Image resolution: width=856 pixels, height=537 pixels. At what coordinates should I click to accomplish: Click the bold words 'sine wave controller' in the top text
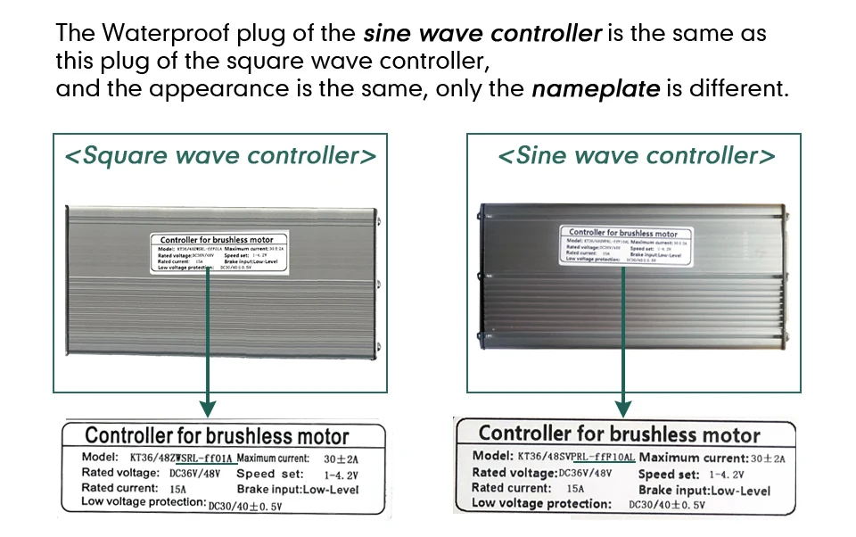coord(482,35)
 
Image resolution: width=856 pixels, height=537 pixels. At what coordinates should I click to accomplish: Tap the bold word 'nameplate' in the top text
coord(596,89)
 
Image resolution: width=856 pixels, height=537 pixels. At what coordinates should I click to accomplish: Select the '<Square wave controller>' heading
coord(220,156)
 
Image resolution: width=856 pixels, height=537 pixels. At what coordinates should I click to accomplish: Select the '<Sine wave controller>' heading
coord(636,156)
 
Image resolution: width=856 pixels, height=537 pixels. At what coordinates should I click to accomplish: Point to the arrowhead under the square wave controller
coord(208,409)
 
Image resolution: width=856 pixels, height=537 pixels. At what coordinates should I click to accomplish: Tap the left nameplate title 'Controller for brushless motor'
coord(217,436)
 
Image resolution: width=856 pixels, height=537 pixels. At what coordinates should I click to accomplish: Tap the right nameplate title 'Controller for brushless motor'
coord(619,434)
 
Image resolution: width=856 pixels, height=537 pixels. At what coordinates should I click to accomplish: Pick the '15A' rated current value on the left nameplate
coord(177,489)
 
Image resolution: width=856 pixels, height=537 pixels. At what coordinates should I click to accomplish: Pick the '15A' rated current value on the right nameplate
coord(575,489)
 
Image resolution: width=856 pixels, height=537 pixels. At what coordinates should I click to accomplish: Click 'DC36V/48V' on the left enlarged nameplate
coord(194,473)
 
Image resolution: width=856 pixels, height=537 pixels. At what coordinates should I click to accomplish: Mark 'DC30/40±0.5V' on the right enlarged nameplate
coord(667,505)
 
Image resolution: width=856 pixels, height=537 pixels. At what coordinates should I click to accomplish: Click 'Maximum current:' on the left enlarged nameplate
coord(274,458)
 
